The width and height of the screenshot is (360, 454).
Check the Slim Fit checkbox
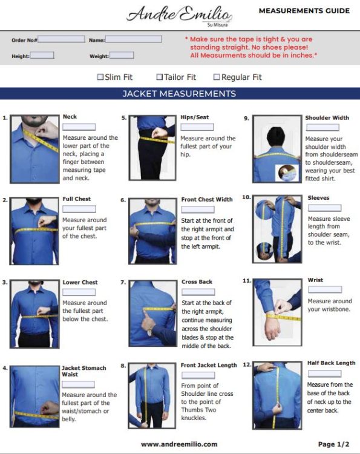[100, 77]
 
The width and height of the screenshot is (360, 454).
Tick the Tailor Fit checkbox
[160, 77]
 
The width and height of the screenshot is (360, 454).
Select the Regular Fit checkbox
[217, 77]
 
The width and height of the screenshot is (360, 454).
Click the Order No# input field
[62, 39]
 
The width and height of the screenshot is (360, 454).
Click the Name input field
[134, 39]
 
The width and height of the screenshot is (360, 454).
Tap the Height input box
[42, 56]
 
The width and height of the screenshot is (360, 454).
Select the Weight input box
[122, 56]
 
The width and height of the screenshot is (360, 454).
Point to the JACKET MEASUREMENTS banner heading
[179, 94]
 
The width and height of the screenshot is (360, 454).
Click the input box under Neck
[79, 127]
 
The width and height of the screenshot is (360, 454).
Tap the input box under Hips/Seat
[197, 128]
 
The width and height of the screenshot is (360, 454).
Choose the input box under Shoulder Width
[322, 128]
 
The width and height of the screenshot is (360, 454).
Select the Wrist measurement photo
[277, 309]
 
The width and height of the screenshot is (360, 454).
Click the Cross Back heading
[197, 281]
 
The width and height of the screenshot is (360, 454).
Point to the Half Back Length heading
[332, 363]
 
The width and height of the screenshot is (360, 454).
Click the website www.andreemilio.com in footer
[179, 444]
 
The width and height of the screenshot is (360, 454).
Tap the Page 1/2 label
[333, 444]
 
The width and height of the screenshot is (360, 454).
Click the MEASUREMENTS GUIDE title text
[304, 11]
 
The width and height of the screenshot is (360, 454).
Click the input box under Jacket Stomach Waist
[78, 384]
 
